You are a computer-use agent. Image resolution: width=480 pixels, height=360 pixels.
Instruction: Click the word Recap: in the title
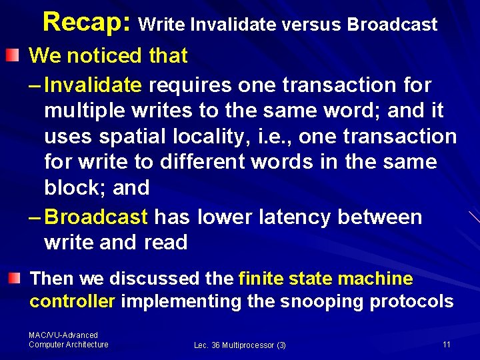point(88,23)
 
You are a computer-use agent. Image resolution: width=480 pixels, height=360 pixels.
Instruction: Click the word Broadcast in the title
point(392,25)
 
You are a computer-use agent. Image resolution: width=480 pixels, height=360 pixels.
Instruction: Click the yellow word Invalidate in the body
point(93,85)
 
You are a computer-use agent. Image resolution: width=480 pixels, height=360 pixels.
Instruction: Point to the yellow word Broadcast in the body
point(96,217)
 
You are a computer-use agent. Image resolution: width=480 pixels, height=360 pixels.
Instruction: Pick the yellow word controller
point(73,301)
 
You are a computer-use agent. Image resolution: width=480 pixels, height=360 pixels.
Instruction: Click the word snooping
point(322,301)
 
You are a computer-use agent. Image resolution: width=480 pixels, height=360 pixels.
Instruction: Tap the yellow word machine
point(375,278)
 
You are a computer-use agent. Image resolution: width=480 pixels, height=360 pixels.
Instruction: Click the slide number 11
point(447,344)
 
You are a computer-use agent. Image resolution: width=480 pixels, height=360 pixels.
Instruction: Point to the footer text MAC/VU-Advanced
point(63,335)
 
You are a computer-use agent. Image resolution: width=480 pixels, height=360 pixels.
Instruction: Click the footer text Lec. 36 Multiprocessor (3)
point(240,345)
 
